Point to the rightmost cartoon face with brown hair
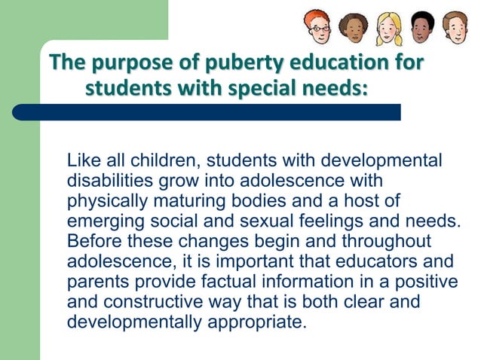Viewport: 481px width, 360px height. pos(455,26)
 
